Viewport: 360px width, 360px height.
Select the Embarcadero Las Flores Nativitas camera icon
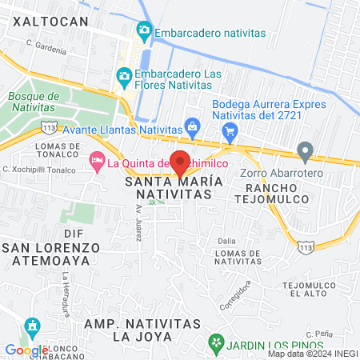click(124, 77)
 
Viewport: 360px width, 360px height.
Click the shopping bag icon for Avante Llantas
click(192, 126)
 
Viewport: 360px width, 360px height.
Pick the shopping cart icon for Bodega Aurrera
click(230, 130)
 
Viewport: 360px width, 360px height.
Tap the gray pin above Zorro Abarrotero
click(304, 150)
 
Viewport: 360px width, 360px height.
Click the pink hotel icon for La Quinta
click(97, 162)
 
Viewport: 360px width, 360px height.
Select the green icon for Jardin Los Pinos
click(215, 342)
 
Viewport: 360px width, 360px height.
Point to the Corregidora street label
click(238, 293)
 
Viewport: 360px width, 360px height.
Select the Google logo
click(26, 350)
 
